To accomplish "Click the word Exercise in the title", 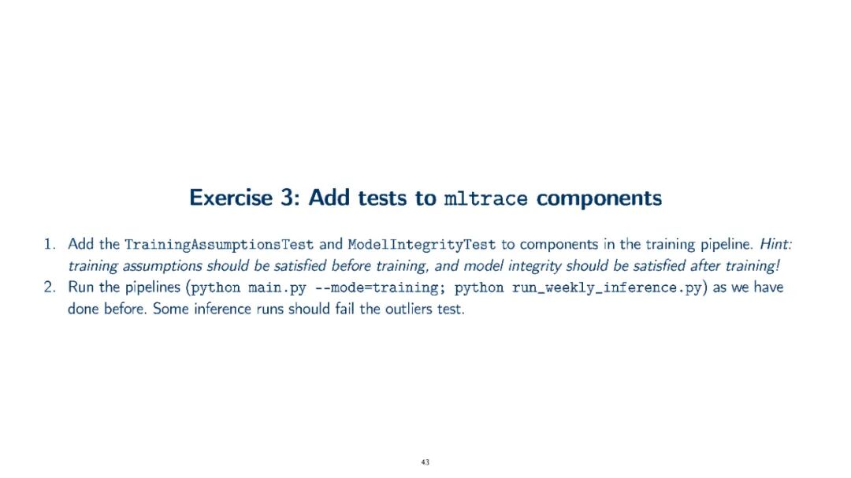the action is pos(231,198).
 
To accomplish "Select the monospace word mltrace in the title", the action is pos(485,198).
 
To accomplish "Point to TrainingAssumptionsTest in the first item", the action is pos(219,245).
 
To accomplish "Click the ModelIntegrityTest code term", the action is pos(422,245).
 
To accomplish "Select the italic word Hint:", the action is pos(776,244).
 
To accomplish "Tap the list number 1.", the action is pos(50,244).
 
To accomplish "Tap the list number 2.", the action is pos(50,287).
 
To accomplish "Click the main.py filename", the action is pos(277,287).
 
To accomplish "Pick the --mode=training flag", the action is pos(377,287).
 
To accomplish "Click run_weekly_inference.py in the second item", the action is pos(607,287).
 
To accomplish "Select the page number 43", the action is pos(425,462).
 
